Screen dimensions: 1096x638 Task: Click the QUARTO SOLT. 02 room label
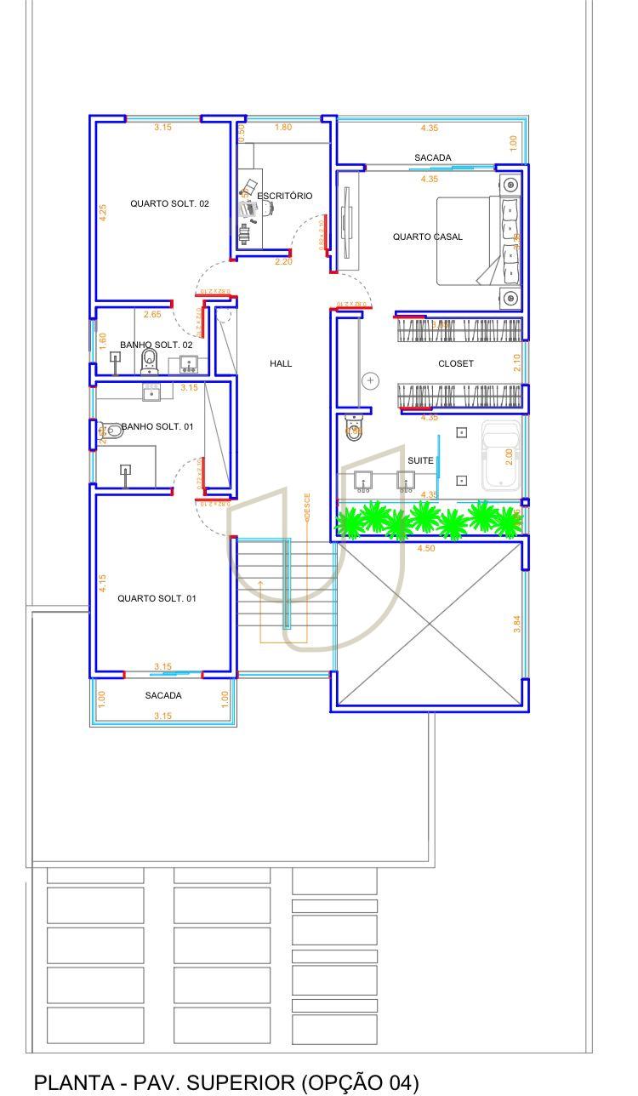tap(169, 204)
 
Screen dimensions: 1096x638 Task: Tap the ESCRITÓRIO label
tap(285, 196)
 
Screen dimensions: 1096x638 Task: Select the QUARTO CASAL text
tap(427, 237)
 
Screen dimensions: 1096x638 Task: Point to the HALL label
tap(281, 363)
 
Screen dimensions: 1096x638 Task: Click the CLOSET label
tap(455, 363)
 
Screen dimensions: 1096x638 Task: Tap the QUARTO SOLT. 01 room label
tap(157, 598)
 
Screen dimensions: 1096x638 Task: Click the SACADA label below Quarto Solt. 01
tap(162, 695)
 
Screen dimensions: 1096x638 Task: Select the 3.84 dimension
tap(517, 624)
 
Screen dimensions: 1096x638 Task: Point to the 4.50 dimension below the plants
tap(425, 549)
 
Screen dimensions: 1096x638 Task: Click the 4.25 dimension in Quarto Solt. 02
tap(103, 213)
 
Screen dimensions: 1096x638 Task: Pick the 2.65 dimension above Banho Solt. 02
tap(151, 315)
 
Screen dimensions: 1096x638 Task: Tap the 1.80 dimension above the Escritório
tap(283, 128)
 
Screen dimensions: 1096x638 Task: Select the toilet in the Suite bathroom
tap(354, 426)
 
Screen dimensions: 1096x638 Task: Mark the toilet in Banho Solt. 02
tap(150, 361)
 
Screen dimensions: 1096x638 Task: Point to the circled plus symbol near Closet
tap(371, 380)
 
